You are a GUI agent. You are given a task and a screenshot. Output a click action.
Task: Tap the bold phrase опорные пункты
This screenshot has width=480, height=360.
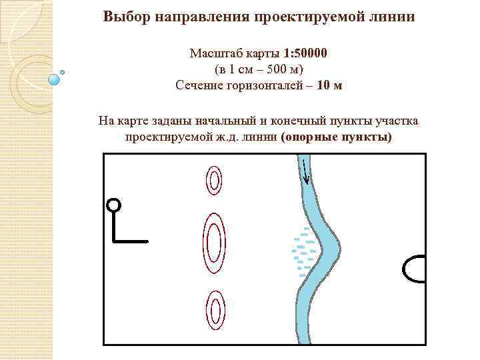[337, 137]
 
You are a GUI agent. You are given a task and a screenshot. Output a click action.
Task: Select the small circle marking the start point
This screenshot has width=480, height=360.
[114, 205]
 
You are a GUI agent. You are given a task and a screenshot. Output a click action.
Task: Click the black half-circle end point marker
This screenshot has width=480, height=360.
[415, 269]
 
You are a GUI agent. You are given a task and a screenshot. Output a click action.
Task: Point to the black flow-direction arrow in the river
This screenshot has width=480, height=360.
[305, 172]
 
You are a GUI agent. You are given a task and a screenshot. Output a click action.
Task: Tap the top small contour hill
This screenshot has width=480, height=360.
[213, 180]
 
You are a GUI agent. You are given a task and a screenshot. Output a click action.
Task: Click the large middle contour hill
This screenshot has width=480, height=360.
[213, 243]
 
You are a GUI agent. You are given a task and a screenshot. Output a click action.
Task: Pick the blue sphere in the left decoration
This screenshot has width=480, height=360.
[55, 79]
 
